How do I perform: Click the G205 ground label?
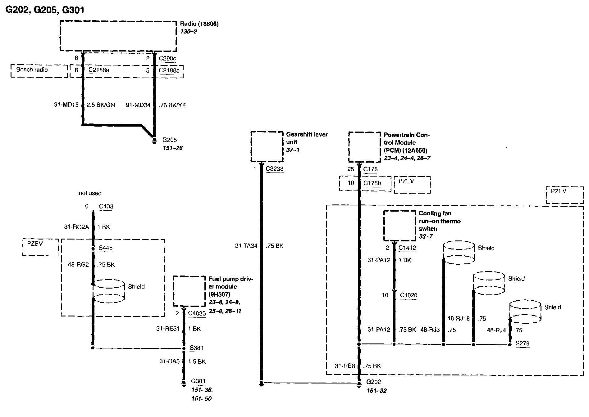[170, 140]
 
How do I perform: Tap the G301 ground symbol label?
[198, 381]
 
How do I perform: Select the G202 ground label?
[373, 382]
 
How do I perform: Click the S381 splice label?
[197, 348]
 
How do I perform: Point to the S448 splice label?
[106, 248]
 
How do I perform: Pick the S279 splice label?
[523, 343]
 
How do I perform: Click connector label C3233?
[275, 169]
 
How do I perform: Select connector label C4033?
[197, 314]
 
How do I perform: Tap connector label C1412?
[407, 248]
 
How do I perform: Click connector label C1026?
[409, 295]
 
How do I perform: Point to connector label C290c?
[168, 58]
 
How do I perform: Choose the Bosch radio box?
[39, 71]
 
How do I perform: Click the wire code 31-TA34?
[246, 246]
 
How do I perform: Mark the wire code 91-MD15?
[66, 105]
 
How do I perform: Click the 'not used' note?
[90, 193]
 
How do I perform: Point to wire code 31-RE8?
[345, 366]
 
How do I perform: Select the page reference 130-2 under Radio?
[189, 32]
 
